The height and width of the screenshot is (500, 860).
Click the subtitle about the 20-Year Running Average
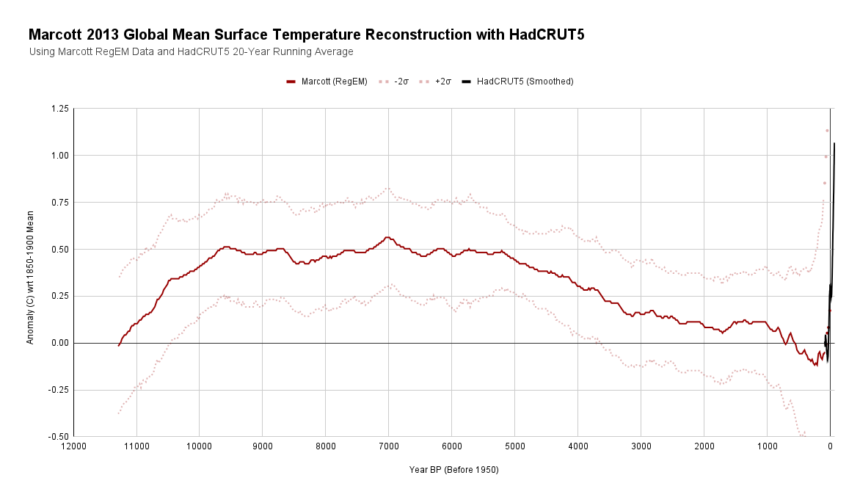coord(191,52)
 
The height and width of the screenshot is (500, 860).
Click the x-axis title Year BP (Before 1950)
coord(453,470)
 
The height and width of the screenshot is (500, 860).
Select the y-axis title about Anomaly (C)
coord(30,273)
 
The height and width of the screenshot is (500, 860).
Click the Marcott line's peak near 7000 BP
coord(387,237)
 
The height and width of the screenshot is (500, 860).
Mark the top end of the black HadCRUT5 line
coord(834,144)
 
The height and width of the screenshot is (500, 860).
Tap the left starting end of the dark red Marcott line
coord(119,344)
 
